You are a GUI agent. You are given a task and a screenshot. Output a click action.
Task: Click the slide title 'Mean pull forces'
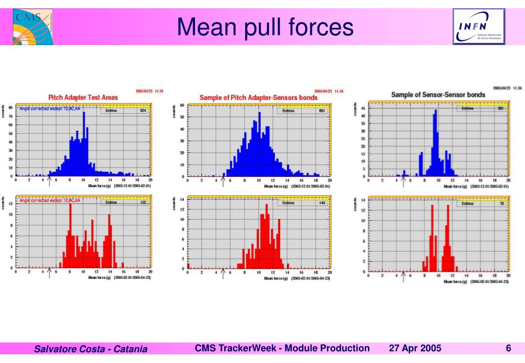pos(265,27)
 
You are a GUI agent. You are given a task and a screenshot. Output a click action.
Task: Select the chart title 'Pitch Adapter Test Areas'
pos(83,97)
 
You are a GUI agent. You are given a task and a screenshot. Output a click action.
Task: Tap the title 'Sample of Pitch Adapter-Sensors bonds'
pos(259,97)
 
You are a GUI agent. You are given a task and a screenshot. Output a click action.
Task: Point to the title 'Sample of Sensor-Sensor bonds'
pos(435,95)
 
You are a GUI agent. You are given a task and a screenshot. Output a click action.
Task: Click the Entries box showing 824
pos(125,110)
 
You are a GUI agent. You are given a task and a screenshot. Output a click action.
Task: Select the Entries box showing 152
pos(125,202)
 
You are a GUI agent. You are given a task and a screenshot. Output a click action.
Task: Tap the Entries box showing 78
pos(483,204)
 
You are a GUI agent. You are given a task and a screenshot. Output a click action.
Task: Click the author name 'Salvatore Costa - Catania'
pos(90,350)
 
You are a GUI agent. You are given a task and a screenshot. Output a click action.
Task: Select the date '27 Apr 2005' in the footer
pos(415,349)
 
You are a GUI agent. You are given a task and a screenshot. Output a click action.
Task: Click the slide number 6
pos(508,349)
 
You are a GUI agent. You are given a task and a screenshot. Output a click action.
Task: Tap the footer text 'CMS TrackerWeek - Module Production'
pos(282,349)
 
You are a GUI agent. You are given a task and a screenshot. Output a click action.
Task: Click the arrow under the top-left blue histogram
pos(49,180)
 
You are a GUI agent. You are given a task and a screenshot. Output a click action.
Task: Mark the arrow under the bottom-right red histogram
pos(403,276)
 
